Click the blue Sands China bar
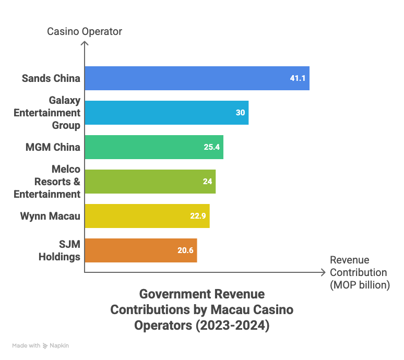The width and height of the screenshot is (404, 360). (197, 78)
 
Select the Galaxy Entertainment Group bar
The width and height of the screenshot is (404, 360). (167, 113)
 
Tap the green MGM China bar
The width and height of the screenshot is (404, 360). (154, 147)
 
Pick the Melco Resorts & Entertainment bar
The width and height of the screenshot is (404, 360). (150, 182)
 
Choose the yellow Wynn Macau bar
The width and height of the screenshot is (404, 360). (147, 216)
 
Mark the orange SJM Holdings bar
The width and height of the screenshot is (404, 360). (141, 250)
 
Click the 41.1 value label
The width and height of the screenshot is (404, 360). (298, 78)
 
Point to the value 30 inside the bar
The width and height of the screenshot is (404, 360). (240, 113)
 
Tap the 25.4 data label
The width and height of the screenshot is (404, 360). (212, 147)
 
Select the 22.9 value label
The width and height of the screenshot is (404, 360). (198, 216)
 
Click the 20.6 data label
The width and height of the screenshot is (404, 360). (185, 250)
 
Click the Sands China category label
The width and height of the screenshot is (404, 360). (51, 78)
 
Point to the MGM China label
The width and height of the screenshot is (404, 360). (53, 147)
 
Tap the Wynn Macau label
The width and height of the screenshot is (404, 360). (50, 216)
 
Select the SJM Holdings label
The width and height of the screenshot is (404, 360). (60, 250)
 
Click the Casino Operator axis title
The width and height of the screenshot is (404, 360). (85, 31)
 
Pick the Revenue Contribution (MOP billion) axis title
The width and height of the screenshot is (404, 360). (359, 272)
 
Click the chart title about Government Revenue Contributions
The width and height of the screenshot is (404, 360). (201, 310)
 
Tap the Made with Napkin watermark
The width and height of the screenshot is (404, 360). (41, 345)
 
